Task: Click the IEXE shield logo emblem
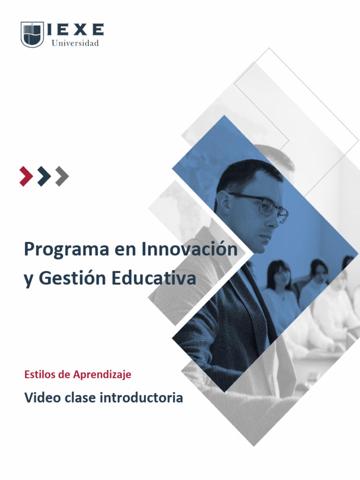(32, 34)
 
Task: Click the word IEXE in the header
(75, 30)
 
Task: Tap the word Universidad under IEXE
(75, 43)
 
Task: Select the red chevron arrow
(26, 176)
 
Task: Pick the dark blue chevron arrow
(44, 176)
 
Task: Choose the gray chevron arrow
(62, 176)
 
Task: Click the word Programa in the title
(66, 250)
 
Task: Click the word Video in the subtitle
(41, 398)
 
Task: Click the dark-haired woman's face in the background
(282, 277)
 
